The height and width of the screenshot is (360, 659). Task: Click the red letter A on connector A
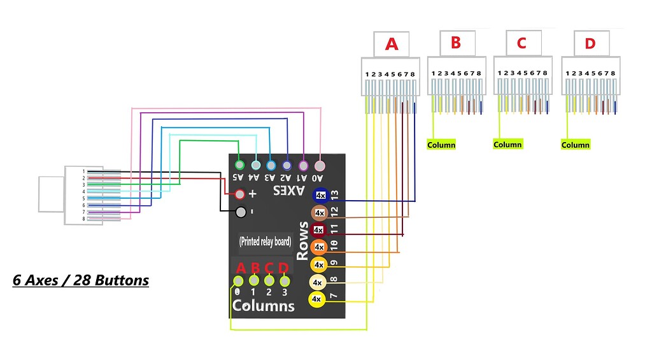[392, 44]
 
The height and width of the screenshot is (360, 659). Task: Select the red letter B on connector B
[455, 43]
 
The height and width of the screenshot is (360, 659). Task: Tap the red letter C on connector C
[521, 43]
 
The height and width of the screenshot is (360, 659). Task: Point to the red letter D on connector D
[590, 43]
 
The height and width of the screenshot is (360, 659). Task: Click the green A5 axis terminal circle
[239, 165]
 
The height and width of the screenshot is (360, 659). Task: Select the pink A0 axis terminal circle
[320, 165]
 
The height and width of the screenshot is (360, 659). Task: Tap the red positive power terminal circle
[240, 194]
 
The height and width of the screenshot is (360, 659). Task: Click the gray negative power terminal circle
[240, 212]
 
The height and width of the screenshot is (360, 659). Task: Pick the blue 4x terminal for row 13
[320, 196]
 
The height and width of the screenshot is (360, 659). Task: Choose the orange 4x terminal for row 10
[320, 247]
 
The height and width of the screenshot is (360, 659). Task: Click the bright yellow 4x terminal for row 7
[316, 298]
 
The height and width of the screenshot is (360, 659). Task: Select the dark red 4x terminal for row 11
[319, 229]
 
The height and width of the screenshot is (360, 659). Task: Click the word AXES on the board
[289, 191]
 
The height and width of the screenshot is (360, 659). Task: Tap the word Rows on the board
[303, 240]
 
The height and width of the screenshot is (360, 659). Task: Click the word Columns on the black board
[263, 306]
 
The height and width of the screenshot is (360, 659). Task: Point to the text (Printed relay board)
[265, 241]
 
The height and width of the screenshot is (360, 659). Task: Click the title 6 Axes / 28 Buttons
[80, 280]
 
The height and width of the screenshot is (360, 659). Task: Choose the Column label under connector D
[575, 145]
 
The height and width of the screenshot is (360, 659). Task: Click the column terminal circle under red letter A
[238, 280]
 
